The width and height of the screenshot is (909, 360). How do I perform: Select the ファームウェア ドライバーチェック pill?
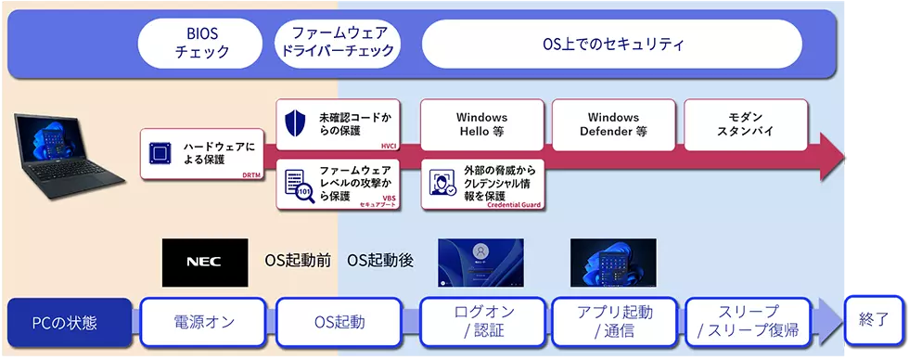click(339, 44)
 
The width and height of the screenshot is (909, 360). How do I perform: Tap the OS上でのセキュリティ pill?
click(612, 44)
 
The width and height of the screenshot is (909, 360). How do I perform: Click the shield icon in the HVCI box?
click(296, 124)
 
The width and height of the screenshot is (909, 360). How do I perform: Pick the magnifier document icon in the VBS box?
click(296, 183)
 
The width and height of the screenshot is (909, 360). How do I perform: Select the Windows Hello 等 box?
click(481, 124)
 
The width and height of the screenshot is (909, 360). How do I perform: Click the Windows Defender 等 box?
click(613, 124)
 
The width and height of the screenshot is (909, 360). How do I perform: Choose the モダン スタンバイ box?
click(745, 124)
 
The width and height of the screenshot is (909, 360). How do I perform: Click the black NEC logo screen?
click(204, 263)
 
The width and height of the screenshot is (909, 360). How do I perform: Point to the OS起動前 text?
click(298, 263)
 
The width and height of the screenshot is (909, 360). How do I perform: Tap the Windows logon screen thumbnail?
click(480, 263)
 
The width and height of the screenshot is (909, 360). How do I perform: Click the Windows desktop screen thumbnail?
click(612, 263)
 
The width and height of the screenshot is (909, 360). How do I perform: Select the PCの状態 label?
click(65, 323)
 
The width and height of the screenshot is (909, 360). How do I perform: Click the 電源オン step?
click(204, 322)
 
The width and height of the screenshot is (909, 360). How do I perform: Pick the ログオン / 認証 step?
click(483, 322)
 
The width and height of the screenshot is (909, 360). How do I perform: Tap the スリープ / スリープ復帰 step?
click(748, 322)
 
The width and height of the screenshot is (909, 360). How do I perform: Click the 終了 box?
click(873, 320)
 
